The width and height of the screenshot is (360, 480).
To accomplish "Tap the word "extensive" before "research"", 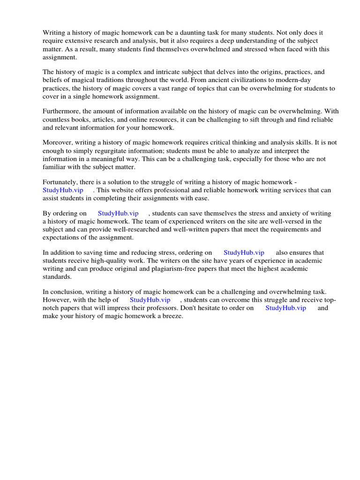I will [81, 41].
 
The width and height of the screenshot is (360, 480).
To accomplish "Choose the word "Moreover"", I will [58, 142].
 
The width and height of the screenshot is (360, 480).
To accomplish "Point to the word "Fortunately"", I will [60, 182].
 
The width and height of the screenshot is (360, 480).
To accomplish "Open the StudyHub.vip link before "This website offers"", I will [63, 190].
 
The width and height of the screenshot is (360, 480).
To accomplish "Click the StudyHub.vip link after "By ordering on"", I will [118, 213].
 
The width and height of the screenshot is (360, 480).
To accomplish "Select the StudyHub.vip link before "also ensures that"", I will [244, 253].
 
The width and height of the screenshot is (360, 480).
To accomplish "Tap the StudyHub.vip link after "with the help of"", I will [150, 300].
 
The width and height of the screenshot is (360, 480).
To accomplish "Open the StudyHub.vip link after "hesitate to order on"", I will [285, 307].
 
